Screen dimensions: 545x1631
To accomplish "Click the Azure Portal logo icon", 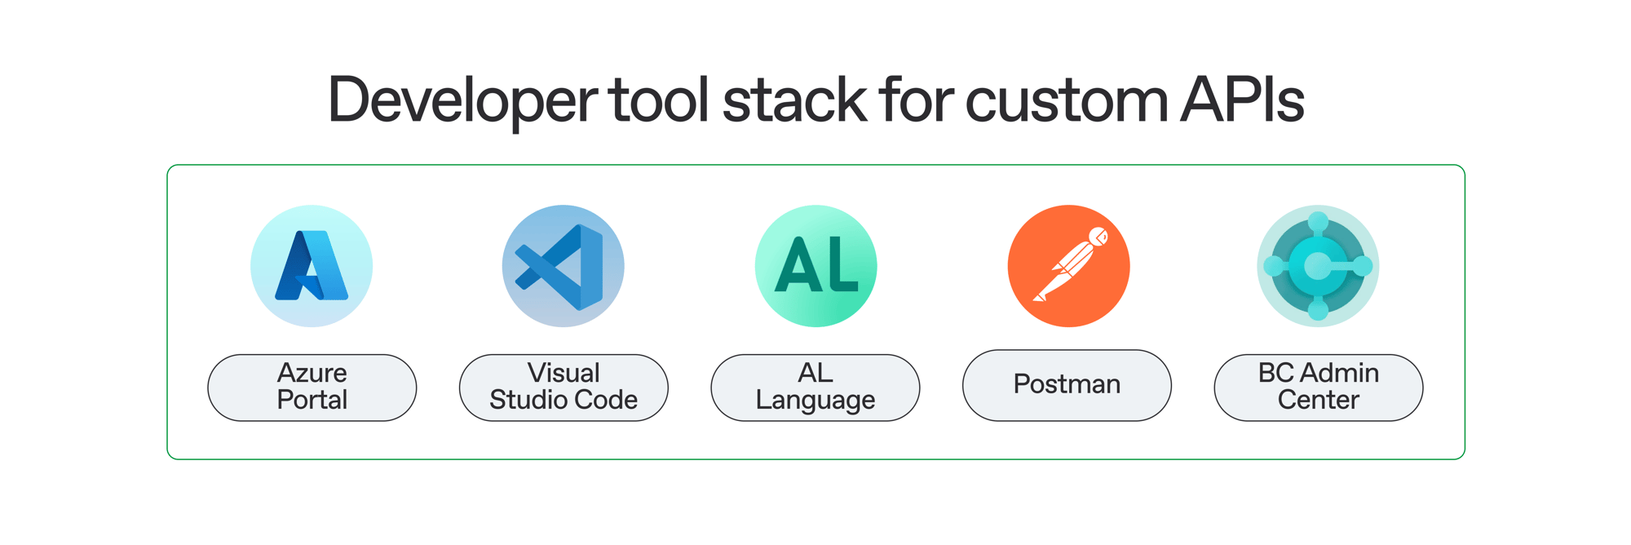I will [312, 266].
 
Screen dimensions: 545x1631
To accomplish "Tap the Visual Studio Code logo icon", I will [564, 266].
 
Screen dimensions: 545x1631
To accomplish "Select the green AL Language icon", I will [815, 266].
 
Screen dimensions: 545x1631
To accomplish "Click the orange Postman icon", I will [1068, 266].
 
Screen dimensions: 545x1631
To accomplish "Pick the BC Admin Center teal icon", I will [1318, 266].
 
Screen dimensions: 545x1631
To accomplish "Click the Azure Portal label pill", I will [312, 388].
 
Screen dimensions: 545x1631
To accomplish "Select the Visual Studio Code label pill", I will [564, 388].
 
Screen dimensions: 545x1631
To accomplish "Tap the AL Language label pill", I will [815, 388].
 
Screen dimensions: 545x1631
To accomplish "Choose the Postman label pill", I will [1067, 385].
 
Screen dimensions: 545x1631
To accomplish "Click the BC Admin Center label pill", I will [1319, 388].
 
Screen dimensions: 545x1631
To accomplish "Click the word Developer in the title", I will [462, 100].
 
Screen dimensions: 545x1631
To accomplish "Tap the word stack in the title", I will [794, 100].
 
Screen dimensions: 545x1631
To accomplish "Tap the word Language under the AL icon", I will [815, 401].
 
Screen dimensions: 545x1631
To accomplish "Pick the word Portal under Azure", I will [312, 400].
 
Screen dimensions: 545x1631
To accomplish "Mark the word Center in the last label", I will [1319, 400].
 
